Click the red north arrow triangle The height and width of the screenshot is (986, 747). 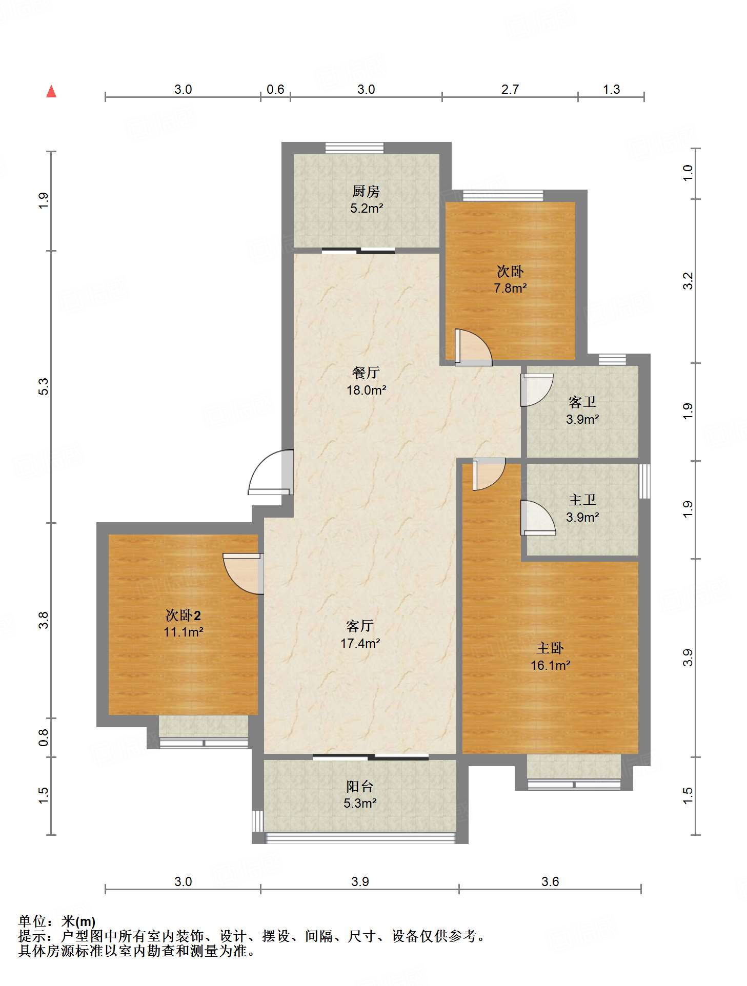[51, 92]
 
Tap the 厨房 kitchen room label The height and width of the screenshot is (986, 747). [366, 192]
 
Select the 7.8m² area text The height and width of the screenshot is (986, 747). [510, 289]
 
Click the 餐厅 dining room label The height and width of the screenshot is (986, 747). [366, 373]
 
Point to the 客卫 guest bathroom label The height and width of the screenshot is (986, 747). [582, 402]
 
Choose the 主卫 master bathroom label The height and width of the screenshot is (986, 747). [582, 500]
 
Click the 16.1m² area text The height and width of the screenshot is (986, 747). [550, 666]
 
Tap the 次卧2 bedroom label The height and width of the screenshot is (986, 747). [183, 615]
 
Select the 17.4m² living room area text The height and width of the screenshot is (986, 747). [360, 643]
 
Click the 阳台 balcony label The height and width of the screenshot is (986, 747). [359, 786]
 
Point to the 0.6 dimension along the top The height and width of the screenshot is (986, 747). [275, 90]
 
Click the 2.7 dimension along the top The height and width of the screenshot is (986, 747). [510, 90]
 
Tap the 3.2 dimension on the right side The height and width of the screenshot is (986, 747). [688, 281]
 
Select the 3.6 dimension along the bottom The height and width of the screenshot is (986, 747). [550, 881]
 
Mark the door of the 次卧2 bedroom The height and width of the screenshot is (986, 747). [244, 573]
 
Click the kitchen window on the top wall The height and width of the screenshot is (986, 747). [354, 148]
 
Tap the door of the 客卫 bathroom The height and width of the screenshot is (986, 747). [537, 390]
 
